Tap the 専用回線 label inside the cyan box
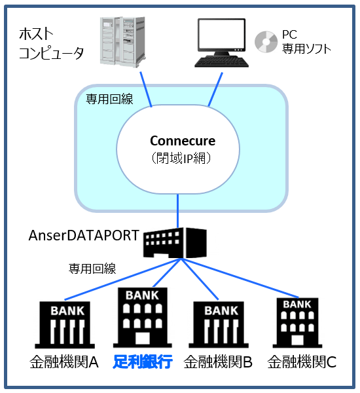pos(110,99)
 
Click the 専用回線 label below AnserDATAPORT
pos(92,268)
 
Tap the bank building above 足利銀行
pos(142,318)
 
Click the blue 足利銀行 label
pos(142,361)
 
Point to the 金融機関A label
pos(63,362)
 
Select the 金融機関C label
pos(302,362)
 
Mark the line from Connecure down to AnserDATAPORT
pos(177,211)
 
